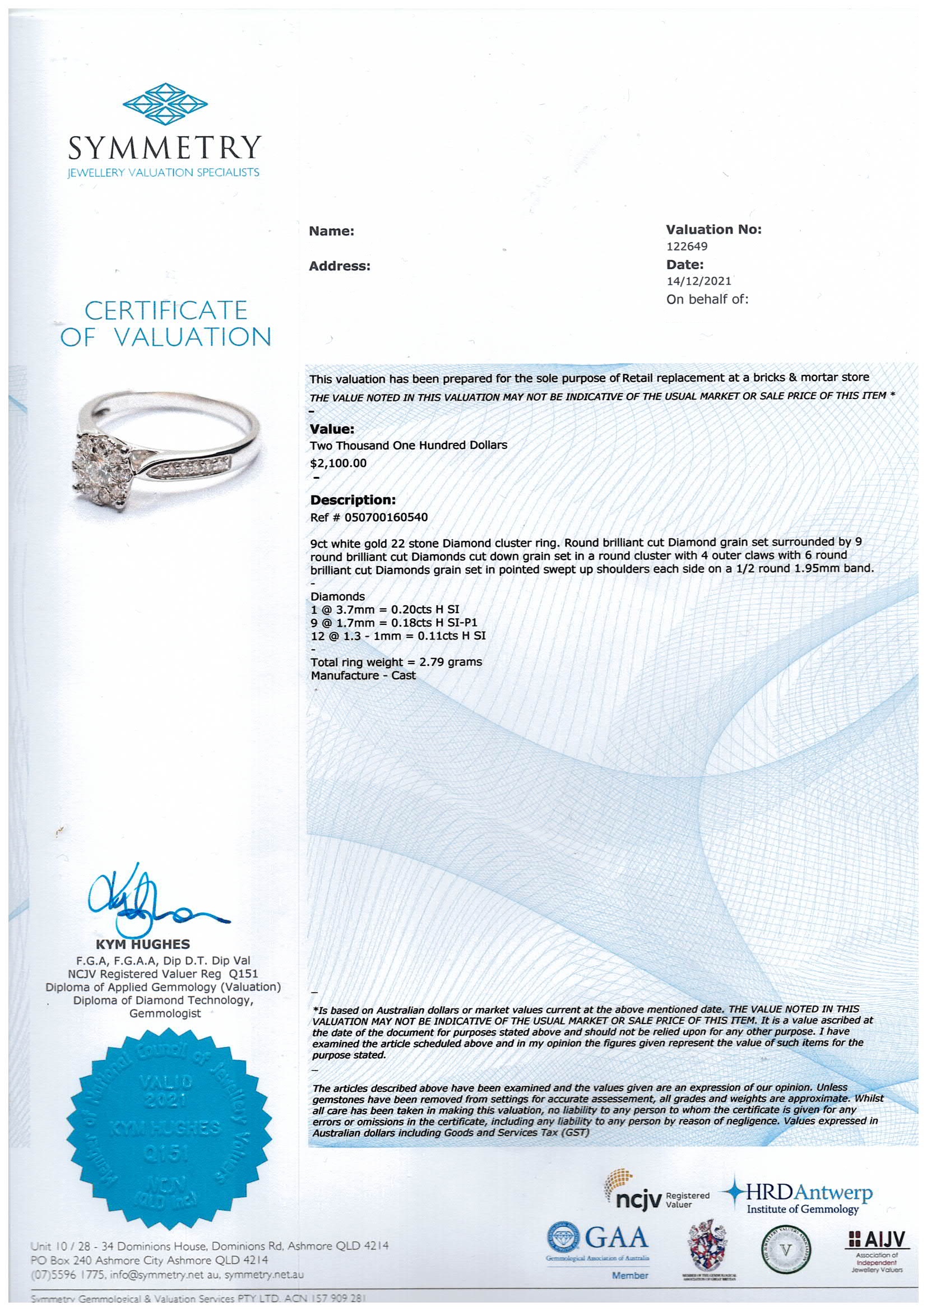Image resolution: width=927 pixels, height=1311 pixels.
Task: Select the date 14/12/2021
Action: pyautogui.click(x=699, y=281)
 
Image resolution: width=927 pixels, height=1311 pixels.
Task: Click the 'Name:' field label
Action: pyautogui.click(x=332, y=231)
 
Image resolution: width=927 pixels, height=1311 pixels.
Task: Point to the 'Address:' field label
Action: pyautogui.click(x=340, y=266)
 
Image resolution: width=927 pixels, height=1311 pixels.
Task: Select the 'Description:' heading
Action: pyautogui.click(x=353, y=500)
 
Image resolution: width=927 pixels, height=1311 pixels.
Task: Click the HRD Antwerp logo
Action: pyautogui.click(x=799, y=1199)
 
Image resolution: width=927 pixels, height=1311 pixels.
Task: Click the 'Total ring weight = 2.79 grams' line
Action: pyautogui.click(x=396, y=662)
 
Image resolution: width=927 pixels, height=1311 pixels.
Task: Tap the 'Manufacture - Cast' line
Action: pyautogui.click(x=363, y=675)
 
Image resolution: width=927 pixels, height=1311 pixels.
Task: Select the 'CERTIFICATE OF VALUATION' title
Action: pyautogui.click(x=165, y=323)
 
